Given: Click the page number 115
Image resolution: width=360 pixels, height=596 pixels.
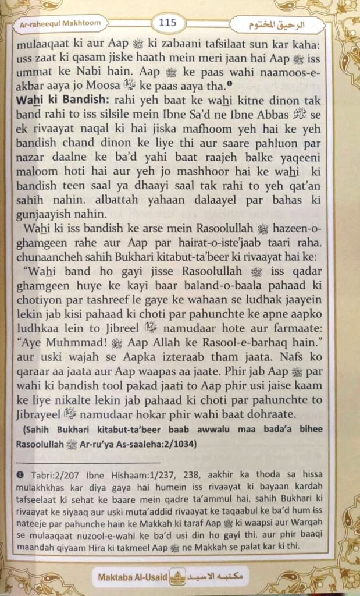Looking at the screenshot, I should [168, 23].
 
